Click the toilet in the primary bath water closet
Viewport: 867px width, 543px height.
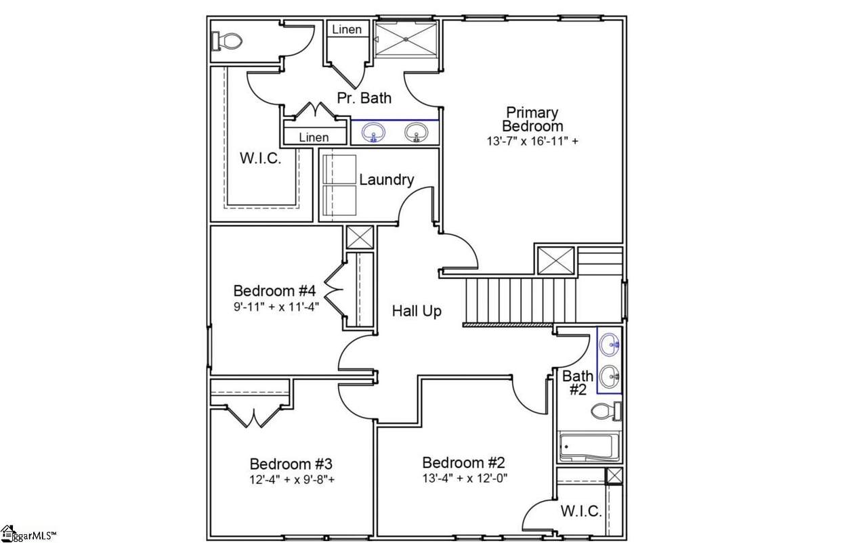(227, 41)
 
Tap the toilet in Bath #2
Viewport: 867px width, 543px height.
(606, 411)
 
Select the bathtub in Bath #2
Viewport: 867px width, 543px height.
(589, 448)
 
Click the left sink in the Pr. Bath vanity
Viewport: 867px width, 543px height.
(373, 133)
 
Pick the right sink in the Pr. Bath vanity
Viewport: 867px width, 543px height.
(417, 133)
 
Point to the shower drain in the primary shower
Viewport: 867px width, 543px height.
(406, 39)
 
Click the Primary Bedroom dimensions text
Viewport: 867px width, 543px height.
(532, 142)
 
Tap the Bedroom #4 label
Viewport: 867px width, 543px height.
(274, 290)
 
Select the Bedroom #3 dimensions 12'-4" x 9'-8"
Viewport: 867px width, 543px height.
(292, 479)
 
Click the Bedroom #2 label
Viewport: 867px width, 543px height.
(464, 462)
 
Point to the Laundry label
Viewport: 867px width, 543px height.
(387, 180)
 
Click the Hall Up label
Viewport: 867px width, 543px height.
(417, 311)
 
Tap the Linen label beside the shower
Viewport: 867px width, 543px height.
(347, 29)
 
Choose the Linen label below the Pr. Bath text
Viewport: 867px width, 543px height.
(314, 137)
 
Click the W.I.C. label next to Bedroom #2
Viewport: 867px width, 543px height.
(581, 511)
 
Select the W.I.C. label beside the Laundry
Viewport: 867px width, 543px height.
(260, 158)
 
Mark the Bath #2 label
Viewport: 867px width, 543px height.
(578, 383)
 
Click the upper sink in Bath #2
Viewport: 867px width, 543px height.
(609, 344)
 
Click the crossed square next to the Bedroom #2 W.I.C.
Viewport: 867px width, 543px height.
(614, 476)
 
